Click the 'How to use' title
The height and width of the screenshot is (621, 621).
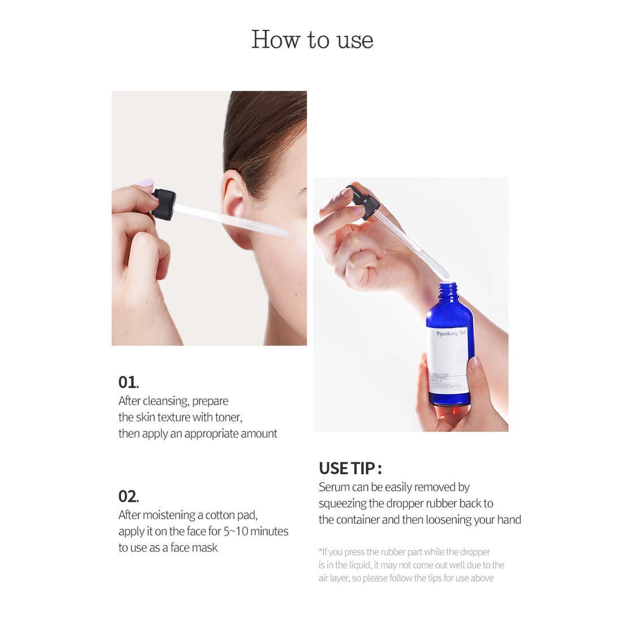(x=312, y=40)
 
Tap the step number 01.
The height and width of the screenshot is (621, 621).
(x=128, y=382)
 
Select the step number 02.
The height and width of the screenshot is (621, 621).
(x=128, y=496)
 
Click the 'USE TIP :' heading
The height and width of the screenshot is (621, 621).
(x=350, y=469)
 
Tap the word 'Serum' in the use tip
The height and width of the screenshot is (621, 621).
(x=334, y=487)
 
